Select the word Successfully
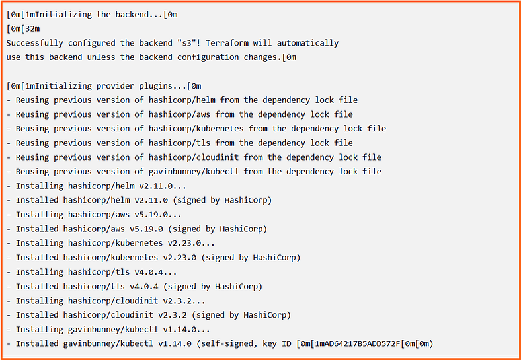[x=34, y=43]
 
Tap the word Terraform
[x=227, y=43]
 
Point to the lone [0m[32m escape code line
[x=23, y=29]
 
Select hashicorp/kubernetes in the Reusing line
[x=196, y=129]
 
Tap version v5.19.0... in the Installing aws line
[x=158, y=215]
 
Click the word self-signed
[x=227, y=344]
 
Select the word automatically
[x=307, y=43]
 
